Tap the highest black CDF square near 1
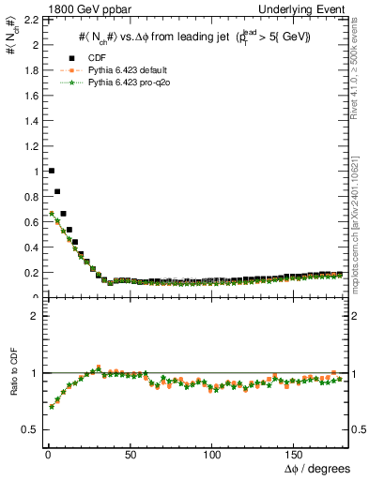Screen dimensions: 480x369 pyautogui.click(x=51, y=171)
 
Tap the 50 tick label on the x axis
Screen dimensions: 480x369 pyautogui.click(x=130, y=454)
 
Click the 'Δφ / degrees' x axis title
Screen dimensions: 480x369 pyautogui.click(x=316, y=469)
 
